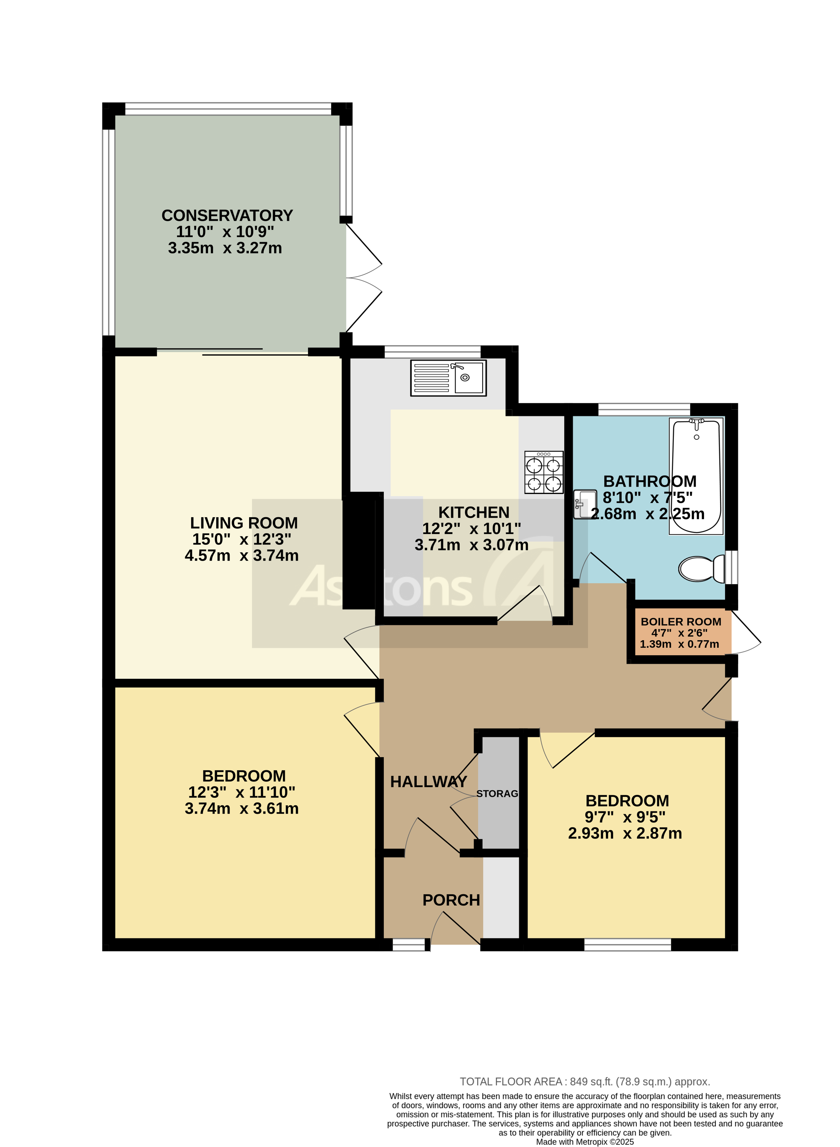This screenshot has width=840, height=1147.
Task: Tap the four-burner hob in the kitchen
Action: [543, 472]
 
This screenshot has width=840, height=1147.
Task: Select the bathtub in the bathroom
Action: [696, 476]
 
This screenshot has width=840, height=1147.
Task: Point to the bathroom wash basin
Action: [585, 504]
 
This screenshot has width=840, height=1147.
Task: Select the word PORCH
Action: [451, 900]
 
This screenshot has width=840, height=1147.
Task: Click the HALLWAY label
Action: [428, 782]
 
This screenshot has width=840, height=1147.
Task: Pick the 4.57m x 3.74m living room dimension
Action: [241, 556]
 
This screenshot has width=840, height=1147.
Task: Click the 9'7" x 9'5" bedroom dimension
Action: [625, 817]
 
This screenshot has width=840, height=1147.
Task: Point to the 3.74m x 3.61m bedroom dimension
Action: [241, 808]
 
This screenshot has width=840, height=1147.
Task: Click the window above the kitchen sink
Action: [432, 352]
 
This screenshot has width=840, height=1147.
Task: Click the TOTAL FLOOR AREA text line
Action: [585, 1081]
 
